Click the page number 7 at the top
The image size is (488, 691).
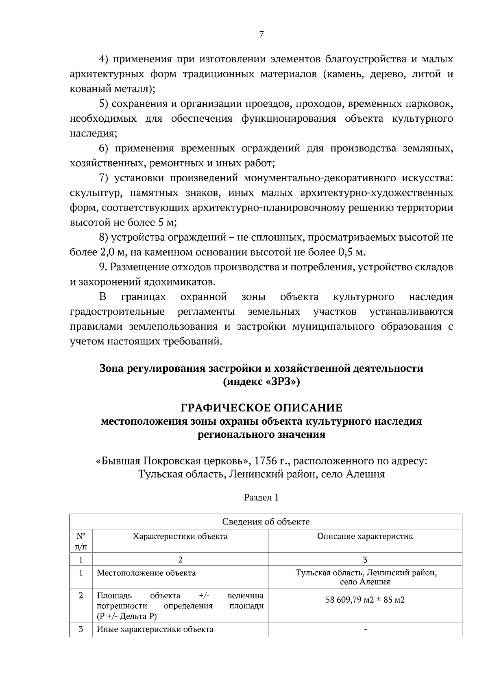point(261,35)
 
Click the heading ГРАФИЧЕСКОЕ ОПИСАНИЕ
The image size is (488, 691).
point(261,408)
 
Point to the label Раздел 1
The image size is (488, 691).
point(261,497)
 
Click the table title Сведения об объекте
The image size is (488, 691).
point(266,522)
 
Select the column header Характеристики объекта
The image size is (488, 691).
point(180,536)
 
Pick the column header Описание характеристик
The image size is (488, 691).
point(365,536)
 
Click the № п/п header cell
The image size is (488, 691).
point(81,541)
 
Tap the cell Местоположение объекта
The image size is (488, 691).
point(146,573)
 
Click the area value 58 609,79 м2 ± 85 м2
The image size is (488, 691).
point(365,600)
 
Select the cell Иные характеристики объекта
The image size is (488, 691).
point(155,629)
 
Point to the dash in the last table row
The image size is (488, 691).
point(365,630)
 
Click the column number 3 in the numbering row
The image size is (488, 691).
point(365,559)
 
